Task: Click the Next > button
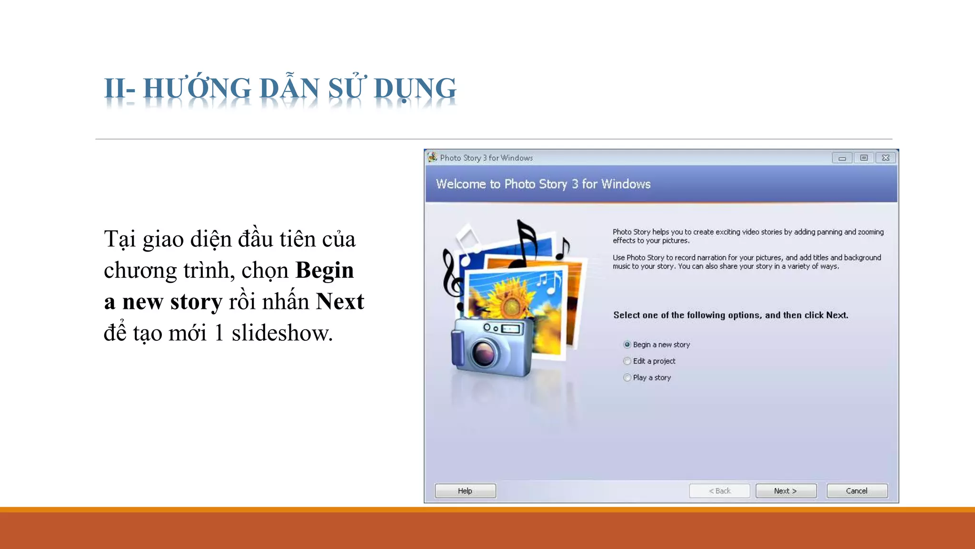tap(786, 491)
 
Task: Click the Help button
tap(465, 491)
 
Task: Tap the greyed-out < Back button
tap(719, 491)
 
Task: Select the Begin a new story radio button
tap(627, 345)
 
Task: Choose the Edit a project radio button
tap(627, 361)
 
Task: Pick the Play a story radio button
tap(627, 377)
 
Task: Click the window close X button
tap(885, 158)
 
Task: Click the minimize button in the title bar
tap(842, 158)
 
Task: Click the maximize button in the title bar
tap(864, 158)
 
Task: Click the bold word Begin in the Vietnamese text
tap(324, 270)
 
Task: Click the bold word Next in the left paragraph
tap(340, 302)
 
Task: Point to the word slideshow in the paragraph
tap(281, 333)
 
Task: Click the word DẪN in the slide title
tap(289, 89)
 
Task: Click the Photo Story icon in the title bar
tap(432, 157)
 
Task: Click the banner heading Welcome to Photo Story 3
tap(543, 184)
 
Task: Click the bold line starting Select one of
tap(730, 315)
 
